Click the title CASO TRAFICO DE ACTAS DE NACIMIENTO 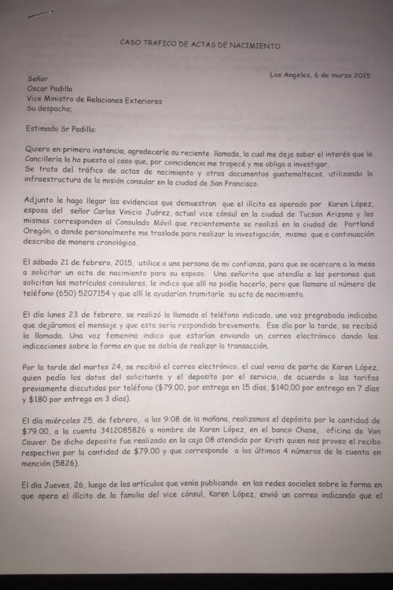coord(200,46)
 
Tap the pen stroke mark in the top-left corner coord(40,13)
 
